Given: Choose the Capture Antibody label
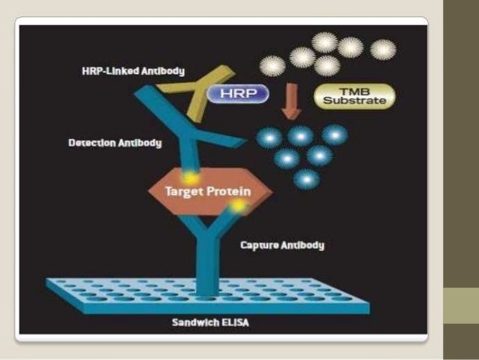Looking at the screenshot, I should pos(282,245).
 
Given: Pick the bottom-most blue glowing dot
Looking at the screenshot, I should pos(306,179).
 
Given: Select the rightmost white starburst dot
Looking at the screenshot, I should pos(383,50).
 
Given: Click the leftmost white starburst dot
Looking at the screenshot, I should pos(272,65).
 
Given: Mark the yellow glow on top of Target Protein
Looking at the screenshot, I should pos(191,177).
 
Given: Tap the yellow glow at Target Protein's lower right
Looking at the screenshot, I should pos(238,204).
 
